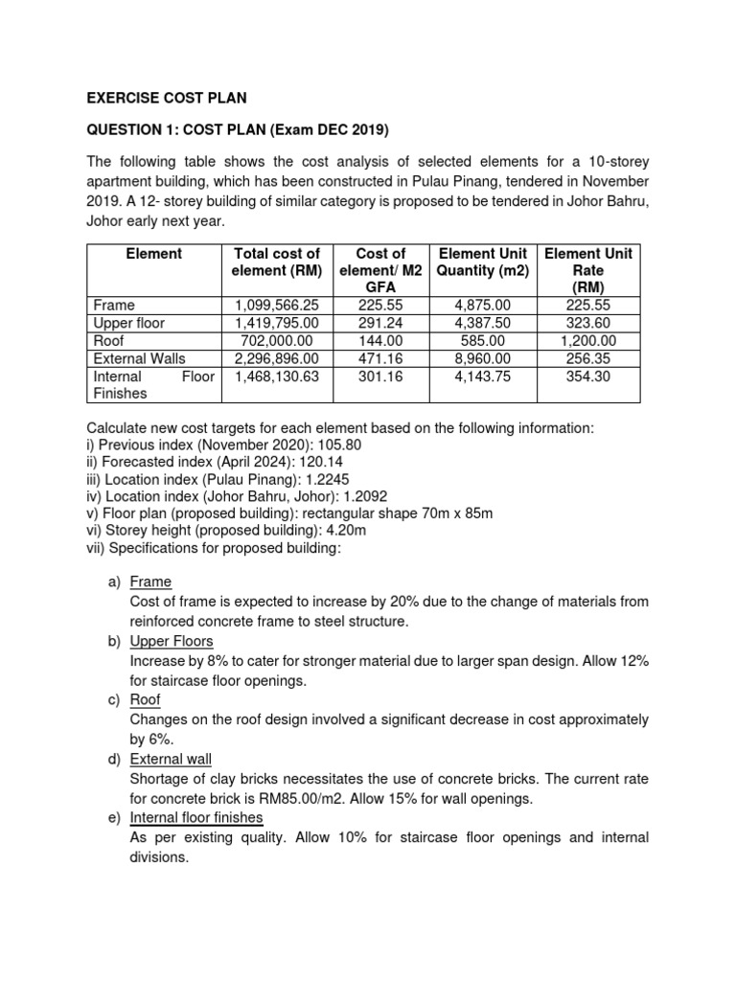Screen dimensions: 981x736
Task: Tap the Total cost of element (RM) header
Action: coord(277,262)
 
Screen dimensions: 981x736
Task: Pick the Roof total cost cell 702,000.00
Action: coord(277,340)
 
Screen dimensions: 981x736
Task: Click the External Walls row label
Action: coord(139,358)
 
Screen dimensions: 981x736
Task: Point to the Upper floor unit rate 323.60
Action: coord(587,323)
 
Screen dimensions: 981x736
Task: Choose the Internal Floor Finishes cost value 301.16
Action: coord(380,376)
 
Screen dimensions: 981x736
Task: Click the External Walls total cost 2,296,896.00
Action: coord(277,358)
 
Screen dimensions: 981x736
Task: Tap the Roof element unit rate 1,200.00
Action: coord(587,340)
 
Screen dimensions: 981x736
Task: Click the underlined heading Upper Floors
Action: coord(172,641)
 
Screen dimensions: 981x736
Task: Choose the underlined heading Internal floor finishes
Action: coord(196,817)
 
